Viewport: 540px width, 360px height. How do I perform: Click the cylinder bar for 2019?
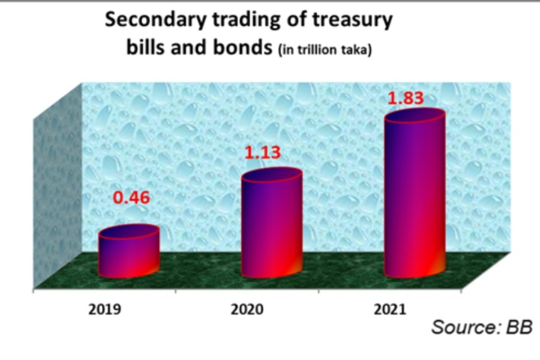pos(129,255)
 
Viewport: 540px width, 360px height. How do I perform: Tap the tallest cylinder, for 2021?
pos(415,198)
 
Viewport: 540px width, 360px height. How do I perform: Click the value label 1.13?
pos(262,152)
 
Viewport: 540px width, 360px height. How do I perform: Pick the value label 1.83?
pos(406,98)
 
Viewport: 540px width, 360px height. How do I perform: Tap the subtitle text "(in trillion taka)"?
pos(325,50)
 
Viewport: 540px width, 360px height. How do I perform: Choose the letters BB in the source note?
pos(519,328)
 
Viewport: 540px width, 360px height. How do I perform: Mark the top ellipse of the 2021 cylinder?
pos(415,117)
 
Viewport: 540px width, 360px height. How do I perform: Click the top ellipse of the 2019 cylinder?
pos(129,233)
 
